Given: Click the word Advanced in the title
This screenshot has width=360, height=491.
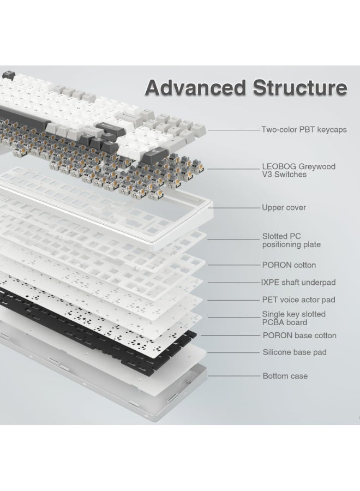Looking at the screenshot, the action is [196, 87].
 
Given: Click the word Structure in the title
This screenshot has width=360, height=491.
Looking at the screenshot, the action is [300, 87].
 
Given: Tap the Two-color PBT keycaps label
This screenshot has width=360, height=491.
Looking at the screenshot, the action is [304, 130].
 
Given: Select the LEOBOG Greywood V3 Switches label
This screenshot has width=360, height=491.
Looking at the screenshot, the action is [299, 170].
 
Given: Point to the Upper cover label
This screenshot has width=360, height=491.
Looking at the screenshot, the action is [284, 207].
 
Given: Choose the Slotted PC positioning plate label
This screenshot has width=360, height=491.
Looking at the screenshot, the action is [291, 240].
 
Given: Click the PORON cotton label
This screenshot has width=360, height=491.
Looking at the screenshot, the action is [289, 265].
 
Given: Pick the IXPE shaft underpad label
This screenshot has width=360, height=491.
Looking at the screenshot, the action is [298, 283].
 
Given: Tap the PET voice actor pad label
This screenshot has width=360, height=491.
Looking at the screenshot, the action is [299, 300].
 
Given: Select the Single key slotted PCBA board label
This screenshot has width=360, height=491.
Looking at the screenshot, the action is [293, 318].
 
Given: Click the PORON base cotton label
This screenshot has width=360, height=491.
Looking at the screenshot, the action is [299, 336].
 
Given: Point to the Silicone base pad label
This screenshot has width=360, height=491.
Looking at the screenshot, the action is [295, 352].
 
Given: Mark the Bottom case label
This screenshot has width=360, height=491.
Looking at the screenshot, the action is [285, 376].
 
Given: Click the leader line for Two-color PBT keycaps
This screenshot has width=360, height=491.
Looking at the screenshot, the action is [234, 130].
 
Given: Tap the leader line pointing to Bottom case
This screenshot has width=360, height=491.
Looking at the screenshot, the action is [234, 376].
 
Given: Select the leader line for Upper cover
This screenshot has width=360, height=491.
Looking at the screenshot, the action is [234, 208].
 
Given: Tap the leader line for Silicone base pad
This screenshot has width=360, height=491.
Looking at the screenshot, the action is [234, 352].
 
